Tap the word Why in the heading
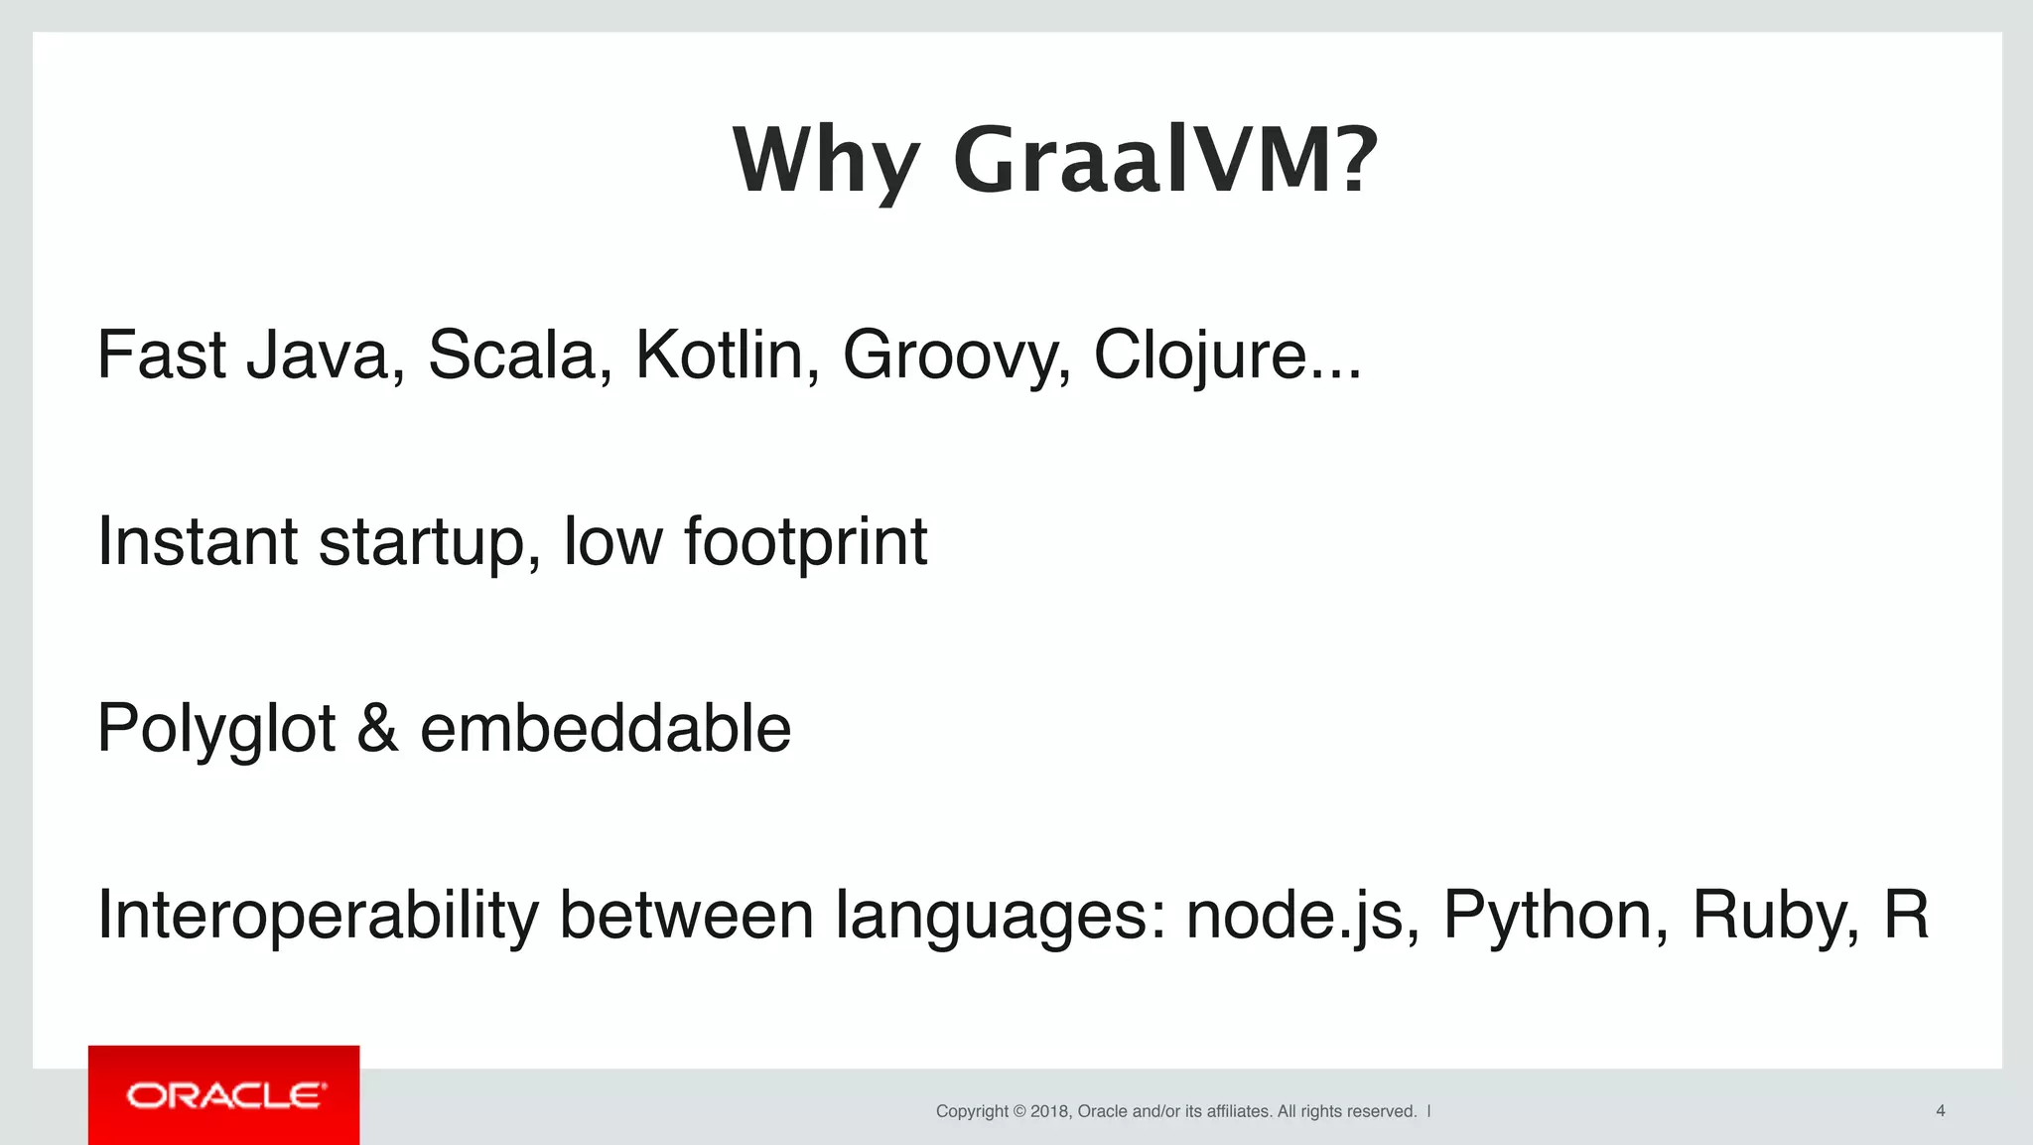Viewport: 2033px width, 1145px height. coord(827,161)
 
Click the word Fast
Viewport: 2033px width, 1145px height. coord(161,356)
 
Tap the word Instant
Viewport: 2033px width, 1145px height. coord(198,542)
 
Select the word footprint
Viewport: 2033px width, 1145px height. coord(805,542)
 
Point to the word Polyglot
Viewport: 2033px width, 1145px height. coord(216,729)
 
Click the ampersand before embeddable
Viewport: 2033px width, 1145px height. coord(377,729)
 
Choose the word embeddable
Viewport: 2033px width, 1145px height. coord(606,729)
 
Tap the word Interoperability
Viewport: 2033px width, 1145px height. coord(318,915)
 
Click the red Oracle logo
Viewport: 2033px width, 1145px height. coord(224,1095)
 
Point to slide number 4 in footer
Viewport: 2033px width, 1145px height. coord(1940,1111)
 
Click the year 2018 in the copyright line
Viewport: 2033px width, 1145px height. coord(1049,1111)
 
